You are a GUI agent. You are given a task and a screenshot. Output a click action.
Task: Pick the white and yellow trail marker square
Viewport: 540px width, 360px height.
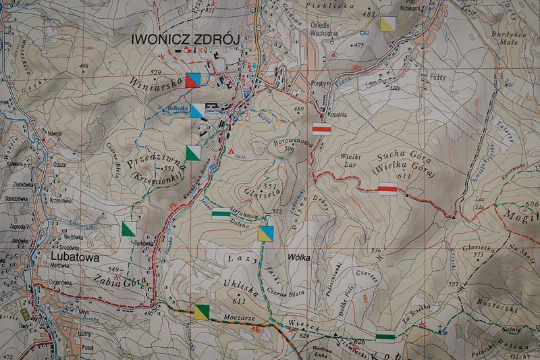click(387, 24)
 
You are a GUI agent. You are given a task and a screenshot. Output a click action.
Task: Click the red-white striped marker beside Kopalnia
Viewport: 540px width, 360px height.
click(321, 130)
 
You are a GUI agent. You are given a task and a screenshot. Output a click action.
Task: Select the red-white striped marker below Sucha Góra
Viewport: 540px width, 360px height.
click(387, 188)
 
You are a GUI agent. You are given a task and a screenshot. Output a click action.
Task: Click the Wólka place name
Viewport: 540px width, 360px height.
click(299, 257)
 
